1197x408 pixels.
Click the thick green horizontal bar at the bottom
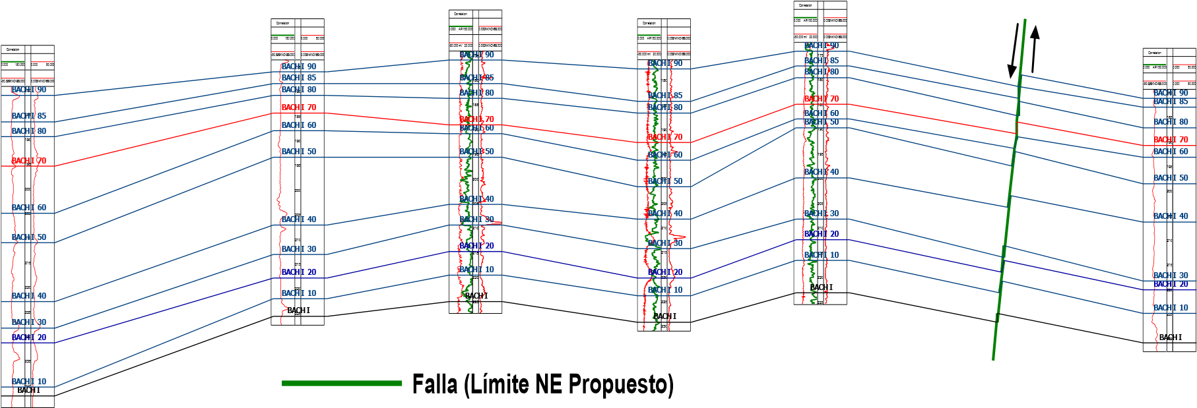tap(342, 383)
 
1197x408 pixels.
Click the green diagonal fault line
tap(1010, 191)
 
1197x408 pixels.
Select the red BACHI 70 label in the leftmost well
tap(29, 161)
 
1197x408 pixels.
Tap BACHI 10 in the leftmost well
tap(29, 382)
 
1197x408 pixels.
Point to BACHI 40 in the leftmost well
tap(29, 296)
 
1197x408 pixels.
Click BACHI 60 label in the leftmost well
tap(29, 208)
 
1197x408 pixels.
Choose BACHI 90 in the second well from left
tap(299, 67)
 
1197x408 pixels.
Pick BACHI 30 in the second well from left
tap(299, 249)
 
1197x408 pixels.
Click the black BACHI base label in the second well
tap(298, 310)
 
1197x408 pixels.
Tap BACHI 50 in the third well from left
tap(476, 152)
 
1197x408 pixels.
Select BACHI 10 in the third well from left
tap(476, 270)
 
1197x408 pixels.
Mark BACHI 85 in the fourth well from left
tap(665, 96)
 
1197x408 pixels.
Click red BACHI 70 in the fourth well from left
tap(665, 137)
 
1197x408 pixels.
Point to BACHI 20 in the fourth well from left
tap(665, 272)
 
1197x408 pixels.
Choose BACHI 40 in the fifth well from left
tap(822, 172)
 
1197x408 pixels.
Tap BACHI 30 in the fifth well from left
tap(822, 214)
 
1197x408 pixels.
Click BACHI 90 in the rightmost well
tap(1171, 93)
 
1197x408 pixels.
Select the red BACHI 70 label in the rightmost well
tap(1171, 140)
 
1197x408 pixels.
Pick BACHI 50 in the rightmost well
tap(1171, 178)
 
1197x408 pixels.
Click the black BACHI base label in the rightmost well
tap(1171, 337)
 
